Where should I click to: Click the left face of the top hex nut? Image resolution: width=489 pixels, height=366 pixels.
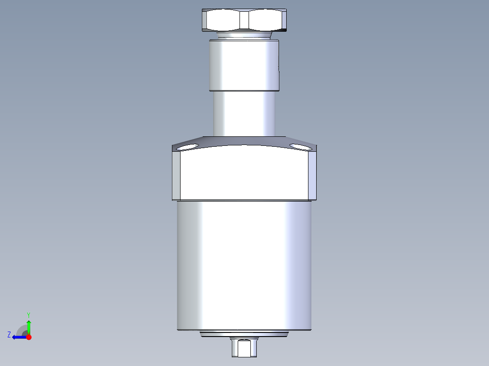click(221, 20)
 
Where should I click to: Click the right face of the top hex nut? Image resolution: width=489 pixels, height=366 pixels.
click(268, 20)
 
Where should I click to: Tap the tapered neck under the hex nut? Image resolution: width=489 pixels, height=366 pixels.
click(244, 35)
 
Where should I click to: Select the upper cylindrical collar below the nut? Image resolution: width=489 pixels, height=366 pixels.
click(244, 65)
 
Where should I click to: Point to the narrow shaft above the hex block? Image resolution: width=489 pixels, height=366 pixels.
click(244, 114)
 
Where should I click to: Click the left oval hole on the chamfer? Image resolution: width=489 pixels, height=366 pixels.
click(187, 147)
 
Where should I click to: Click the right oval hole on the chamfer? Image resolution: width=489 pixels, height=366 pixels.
click(301, 147)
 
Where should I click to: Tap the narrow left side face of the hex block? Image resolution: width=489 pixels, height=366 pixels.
click(176, 175)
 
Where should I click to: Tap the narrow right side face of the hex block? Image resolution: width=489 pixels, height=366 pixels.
click(312, 175)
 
